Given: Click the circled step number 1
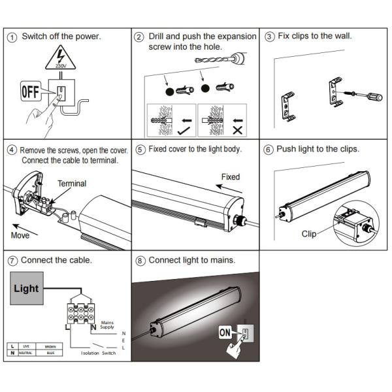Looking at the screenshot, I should click(x=12, y=37).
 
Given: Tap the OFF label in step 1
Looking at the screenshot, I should click(x=31, y=91).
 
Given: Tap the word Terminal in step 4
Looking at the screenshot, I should click(x=72, y=184).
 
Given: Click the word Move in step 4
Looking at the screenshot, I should click(x=20, y=234).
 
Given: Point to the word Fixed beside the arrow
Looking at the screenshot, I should click(x=230, y=177).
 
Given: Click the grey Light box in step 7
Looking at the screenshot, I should click(x=26, y=288).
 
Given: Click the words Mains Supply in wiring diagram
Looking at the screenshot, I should click(x=106, y=324).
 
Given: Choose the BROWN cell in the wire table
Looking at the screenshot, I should click(x=50, y=346).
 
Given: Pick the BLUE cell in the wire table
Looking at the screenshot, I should click(x=50, y=353).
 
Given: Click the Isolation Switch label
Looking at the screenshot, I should click(x=98, y=353).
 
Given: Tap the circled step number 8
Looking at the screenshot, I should click(x=140, y=260).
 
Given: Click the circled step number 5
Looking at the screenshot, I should click(x=140, y=149).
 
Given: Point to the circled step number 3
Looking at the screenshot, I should click(x=269, y=37).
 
